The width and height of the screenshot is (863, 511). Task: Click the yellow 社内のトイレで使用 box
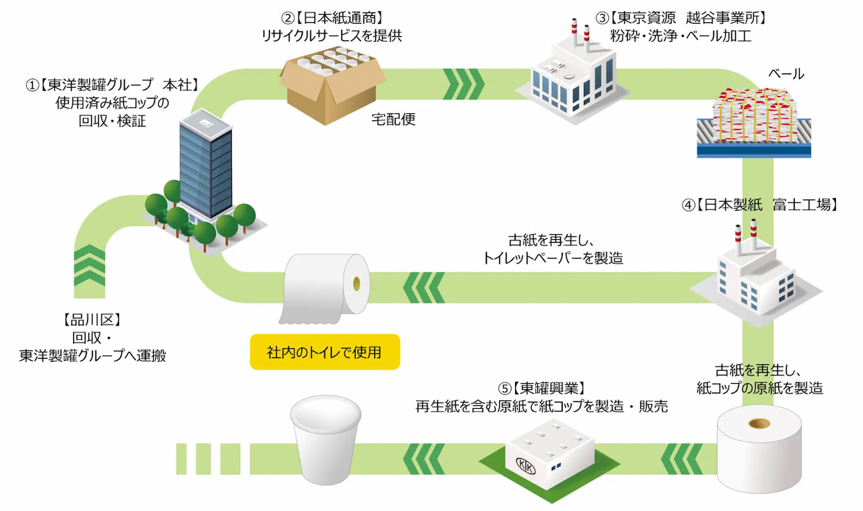coord(325,352)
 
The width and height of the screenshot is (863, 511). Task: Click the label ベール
coord(786,74)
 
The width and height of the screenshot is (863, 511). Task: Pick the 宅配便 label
coord(394,119)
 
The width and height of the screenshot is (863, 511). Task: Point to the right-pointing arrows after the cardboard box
coord(464,83)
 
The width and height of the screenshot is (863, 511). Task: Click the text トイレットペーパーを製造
coord(553,259)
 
